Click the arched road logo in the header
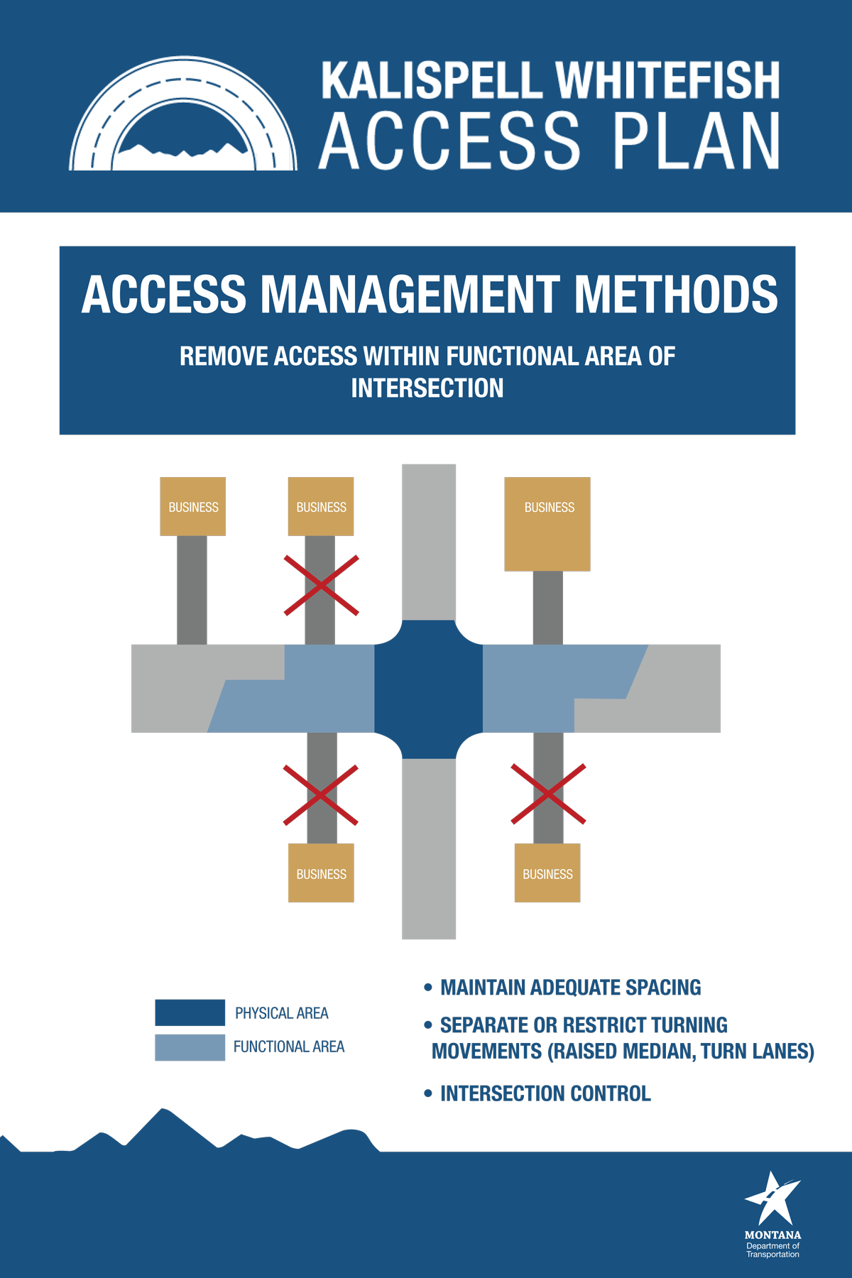click(182, 117)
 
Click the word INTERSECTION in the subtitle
click(427, 388)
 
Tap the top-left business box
click(193, 506)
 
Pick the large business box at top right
click(547, 524)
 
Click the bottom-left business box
click(321, 873)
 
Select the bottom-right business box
click(547, 873)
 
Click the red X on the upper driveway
click(321, 585)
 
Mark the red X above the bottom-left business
click(321, 794)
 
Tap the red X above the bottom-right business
click(548, 794)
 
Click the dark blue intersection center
click(428, 689)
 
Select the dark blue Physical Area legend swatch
click(190, 1012)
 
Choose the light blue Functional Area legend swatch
click(190, 1047)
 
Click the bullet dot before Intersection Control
click(427, 1093)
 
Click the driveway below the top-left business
click(192, 589)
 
